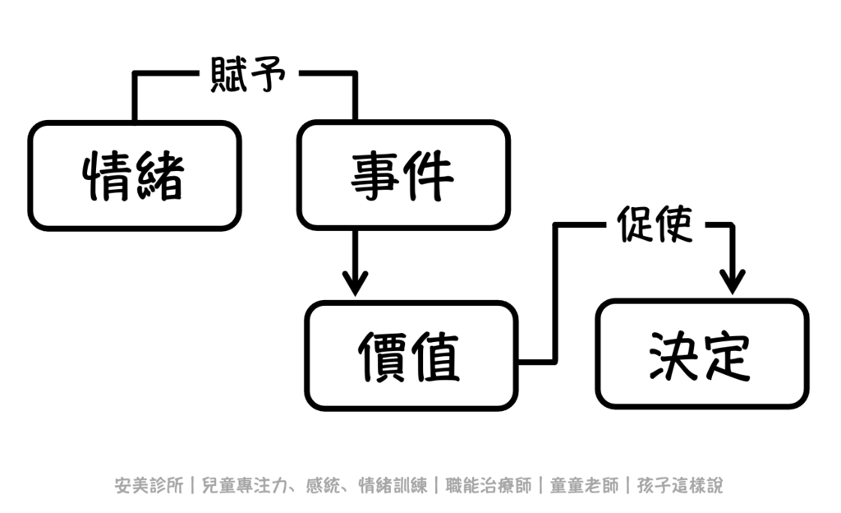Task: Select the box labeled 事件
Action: pos(403,175)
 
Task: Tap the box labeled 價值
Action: pos(411,355)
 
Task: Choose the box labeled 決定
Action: pos(701,354)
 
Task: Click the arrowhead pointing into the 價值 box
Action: pos(355,284)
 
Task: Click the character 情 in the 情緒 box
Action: pos(108,176)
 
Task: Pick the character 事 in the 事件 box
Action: pos(376,175)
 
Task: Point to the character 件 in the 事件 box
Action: pos(430,175)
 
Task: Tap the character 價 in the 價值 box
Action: pos(384,356)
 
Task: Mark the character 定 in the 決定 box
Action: pos(727,354)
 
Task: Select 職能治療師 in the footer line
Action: pos(488,485)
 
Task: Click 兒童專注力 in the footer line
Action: pos(242,485)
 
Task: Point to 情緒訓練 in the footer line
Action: pos(393,485)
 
